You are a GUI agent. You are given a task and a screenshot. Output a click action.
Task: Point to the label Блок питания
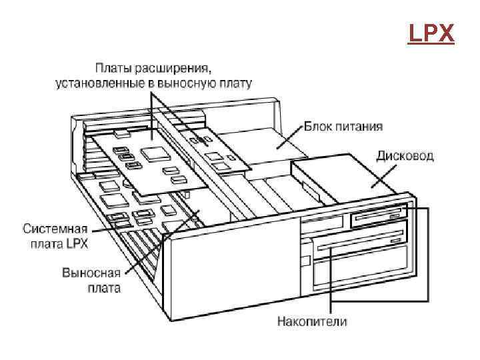(x=343, y=126)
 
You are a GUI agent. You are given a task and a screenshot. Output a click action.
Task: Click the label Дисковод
(x=405, y=156)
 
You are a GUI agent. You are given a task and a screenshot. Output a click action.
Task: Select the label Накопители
(x=312, y=321)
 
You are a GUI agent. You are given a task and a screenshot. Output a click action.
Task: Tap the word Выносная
(x=91, y=273)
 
